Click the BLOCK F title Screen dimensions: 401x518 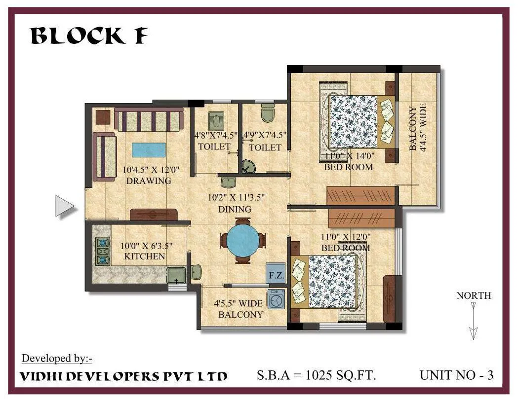(89, 36)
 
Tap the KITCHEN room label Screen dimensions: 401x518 (144, 256)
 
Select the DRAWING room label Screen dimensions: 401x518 (148, 181)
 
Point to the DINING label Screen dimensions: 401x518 (235, 209)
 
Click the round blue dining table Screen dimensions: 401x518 (242, 240)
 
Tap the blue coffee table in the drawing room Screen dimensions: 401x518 (149, 149)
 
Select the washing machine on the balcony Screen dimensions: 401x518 (276, 299)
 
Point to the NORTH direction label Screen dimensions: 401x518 (474, 295)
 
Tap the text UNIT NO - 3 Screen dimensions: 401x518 (456, 375)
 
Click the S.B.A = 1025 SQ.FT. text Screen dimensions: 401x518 (317, 375)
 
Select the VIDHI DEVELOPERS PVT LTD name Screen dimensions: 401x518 (123, 376)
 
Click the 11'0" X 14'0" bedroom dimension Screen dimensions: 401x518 (350, 157)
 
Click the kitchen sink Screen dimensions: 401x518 (176, 274)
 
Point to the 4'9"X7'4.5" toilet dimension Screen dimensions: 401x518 (265, 135)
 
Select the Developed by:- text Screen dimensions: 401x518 (57, 358)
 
